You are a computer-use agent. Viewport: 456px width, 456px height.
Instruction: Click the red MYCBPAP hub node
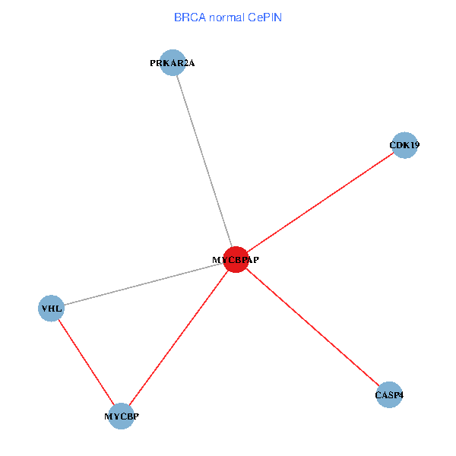[x=236, y=259]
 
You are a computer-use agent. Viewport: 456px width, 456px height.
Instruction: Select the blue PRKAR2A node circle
[x=173, y=63]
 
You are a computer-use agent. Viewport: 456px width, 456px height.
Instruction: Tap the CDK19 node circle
[x=405, y=144]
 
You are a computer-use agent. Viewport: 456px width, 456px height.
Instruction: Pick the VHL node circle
[x=51, y=309]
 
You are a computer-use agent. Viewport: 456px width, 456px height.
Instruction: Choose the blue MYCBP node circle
[x=122, y=416]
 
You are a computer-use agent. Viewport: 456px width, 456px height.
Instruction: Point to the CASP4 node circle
[x=388, y=395]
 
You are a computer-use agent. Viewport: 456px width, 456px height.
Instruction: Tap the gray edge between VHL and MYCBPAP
[x=144, y=284]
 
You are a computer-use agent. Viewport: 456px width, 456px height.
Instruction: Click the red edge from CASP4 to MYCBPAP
[x=312, y=327]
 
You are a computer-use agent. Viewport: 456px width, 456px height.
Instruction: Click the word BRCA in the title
[x=188, y=17]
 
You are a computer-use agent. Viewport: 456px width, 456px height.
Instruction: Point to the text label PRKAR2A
[x=173, y=63]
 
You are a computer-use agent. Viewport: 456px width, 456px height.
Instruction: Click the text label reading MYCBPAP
[x=236, y=260]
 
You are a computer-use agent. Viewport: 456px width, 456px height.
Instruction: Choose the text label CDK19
[x=404, y=144]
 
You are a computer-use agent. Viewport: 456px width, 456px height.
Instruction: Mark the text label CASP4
[x=388, y=395]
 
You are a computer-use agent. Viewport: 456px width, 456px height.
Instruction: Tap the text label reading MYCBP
[x=122, y=416]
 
